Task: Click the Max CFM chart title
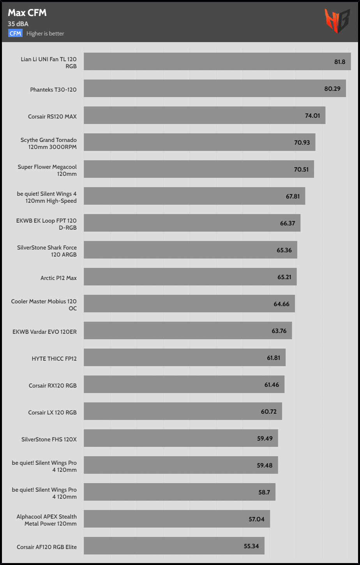pyautogui.click(x=27, y=13)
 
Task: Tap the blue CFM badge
pyautogui.click(x=16, y=34)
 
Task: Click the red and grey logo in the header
pyautogui.click(x=337, y=21)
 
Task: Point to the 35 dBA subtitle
pyautogui.click(x=18, y=24)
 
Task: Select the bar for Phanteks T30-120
pyautogui.click(x=215, y=89)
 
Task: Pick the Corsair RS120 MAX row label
pyautogui.click(x=52, y=117)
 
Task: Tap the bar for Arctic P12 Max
pyautogui.click(x=190, y=276)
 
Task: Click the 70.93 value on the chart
pyautogui.click(x=302, y=142)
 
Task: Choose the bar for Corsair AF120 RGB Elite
pyautogui.click(x=174, y=546)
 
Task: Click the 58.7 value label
pyautogui.click(x=264, y=492)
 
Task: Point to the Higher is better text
pyautogui.click(x=45, y=34)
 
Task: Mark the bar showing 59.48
pyautogui.click(x=181, y=465)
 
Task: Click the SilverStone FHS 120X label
pyautogui.click(x=49, y=439)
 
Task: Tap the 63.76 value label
pyautogui.click(x=279, y=331)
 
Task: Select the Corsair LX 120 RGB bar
pyautogui.click(x=183, y=411)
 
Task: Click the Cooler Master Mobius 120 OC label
pyautogui.click(x=44, y=305)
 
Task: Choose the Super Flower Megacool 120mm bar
pyautogui.click(x=199, y=169)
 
